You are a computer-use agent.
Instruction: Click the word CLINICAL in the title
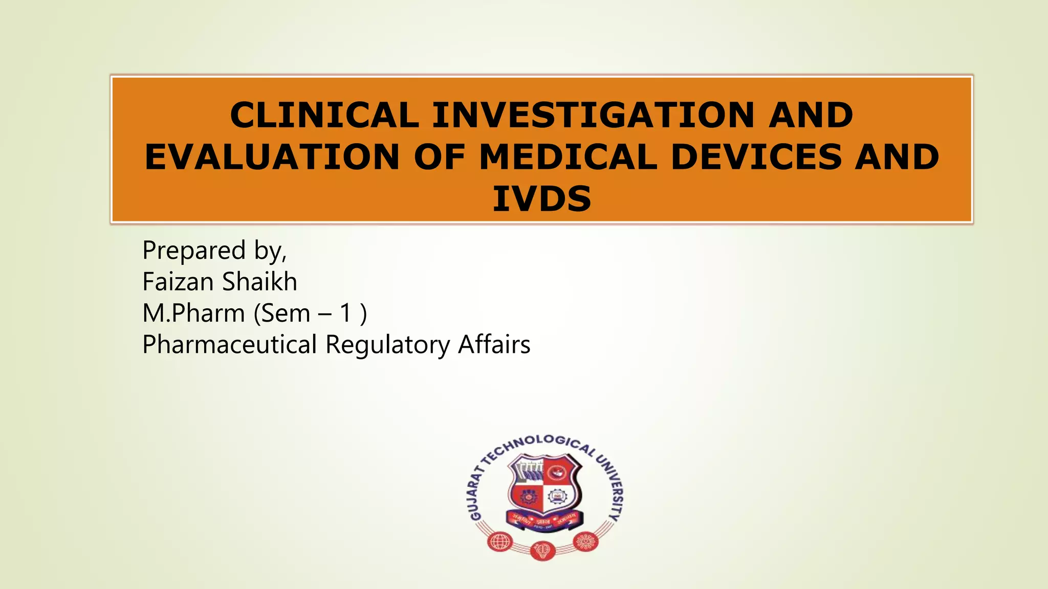pos(324,115)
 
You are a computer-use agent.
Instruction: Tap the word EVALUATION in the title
pos(272,157)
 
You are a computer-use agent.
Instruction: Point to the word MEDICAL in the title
pos(568,157)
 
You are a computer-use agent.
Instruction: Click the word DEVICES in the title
pos(756,157)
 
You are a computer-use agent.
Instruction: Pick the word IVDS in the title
pos(542,199)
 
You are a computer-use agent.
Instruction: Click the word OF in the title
pos(440,157)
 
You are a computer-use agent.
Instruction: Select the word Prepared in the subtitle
pos(194,251)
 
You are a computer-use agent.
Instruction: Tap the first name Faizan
pos(178,282)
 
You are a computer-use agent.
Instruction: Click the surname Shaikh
pos(259,282)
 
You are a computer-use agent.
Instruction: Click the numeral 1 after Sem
pos(346,313)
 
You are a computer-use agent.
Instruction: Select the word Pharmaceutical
pos(230,345)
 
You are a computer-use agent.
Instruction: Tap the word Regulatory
pos(387,345)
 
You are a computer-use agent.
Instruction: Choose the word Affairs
pos(494,345)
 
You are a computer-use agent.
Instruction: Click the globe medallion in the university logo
pos(499,541)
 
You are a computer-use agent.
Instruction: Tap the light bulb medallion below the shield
pos(542,551)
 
